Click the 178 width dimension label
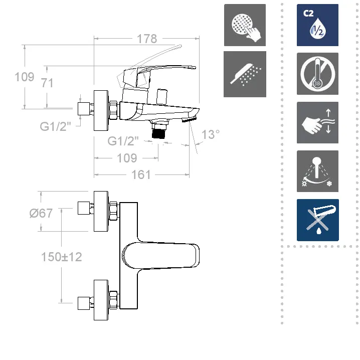(146, 39)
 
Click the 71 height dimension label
(47, 83)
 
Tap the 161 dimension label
(140, 174)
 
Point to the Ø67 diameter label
(41, 213)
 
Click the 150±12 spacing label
(62, 257)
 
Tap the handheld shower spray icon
(245, 74)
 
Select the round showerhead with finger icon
(245, 25)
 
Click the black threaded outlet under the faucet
(159, 132)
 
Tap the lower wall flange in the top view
(102, 300)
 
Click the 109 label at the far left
(24, 77)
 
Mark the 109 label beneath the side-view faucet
(127, 158)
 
